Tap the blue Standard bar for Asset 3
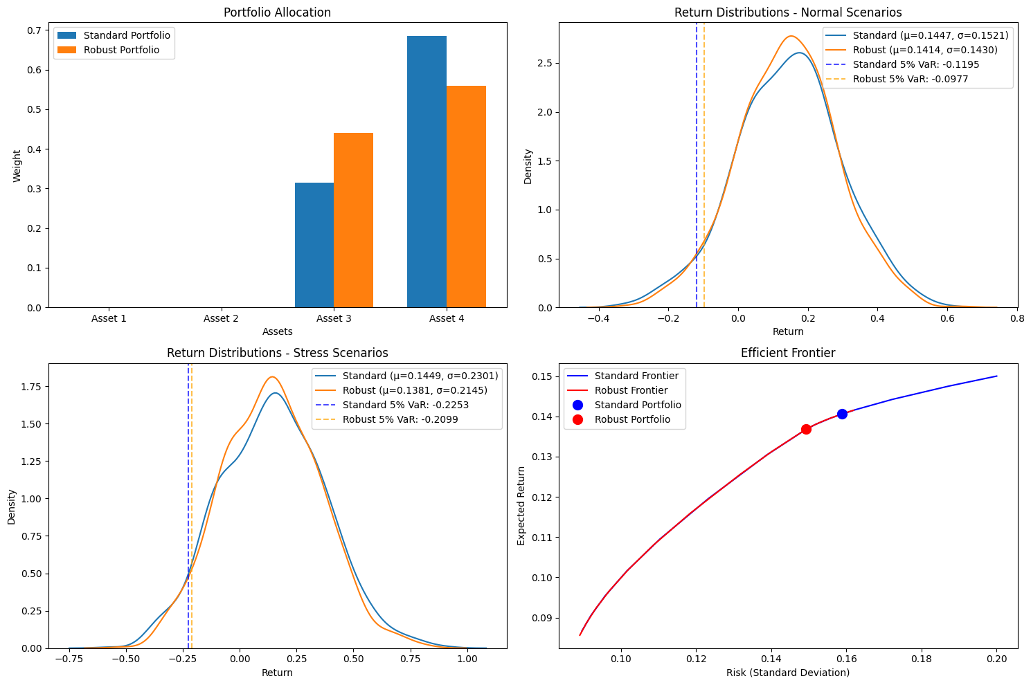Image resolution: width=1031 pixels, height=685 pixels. [314, 245]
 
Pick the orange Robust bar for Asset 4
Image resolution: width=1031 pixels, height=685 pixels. [466, 197]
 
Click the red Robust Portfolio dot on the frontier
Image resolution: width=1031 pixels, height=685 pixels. [806, 430]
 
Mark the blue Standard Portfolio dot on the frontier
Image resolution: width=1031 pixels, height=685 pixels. [842, 414]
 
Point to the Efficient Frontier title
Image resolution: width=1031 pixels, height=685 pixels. [788, 353]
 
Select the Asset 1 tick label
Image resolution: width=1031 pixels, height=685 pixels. [109, 319]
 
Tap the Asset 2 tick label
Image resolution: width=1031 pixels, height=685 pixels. [222, 319]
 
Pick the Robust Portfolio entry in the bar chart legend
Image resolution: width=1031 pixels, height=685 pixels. [121, 50]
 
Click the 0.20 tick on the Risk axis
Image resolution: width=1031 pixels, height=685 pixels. [997, 660]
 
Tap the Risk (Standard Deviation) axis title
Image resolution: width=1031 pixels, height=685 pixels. [788, 673]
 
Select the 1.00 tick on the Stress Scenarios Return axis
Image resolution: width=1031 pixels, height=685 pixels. [467, 660]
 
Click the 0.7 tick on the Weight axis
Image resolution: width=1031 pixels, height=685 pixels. [34, 30]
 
